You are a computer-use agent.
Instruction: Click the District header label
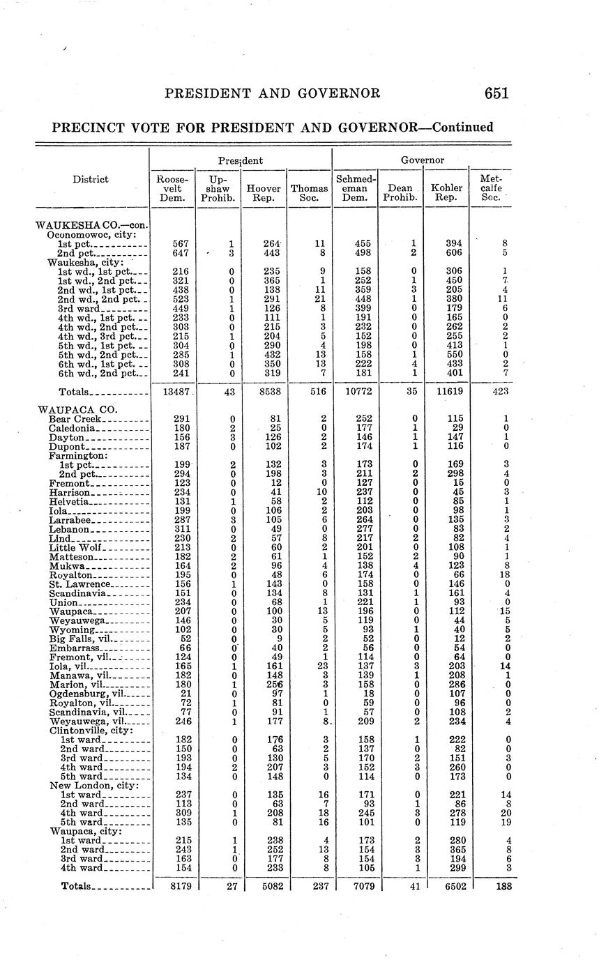[x=91, y=179]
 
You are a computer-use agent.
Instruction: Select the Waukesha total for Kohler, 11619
[x=446, y=392]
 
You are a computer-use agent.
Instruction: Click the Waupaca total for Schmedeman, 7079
[x=354, y=886]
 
